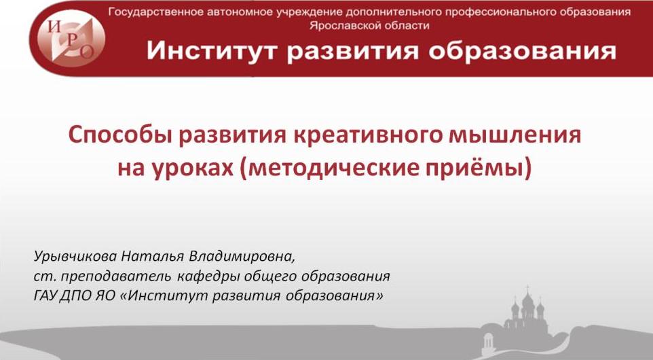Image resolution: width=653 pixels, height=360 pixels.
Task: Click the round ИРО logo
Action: point(71,39)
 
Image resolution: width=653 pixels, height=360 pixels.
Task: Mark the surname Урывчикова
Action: point(75,256)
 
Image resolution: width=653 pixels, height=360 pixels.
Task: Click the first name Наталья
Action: point(153,256)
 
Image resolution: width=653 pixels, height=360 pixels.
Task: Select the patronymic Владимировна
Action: point(242,256)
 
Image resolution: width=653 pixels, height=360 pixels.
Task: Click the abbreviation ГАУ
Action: point(45,296)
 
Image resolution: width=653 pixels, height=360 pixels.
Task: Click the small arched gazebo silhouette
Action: point(487,344)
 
